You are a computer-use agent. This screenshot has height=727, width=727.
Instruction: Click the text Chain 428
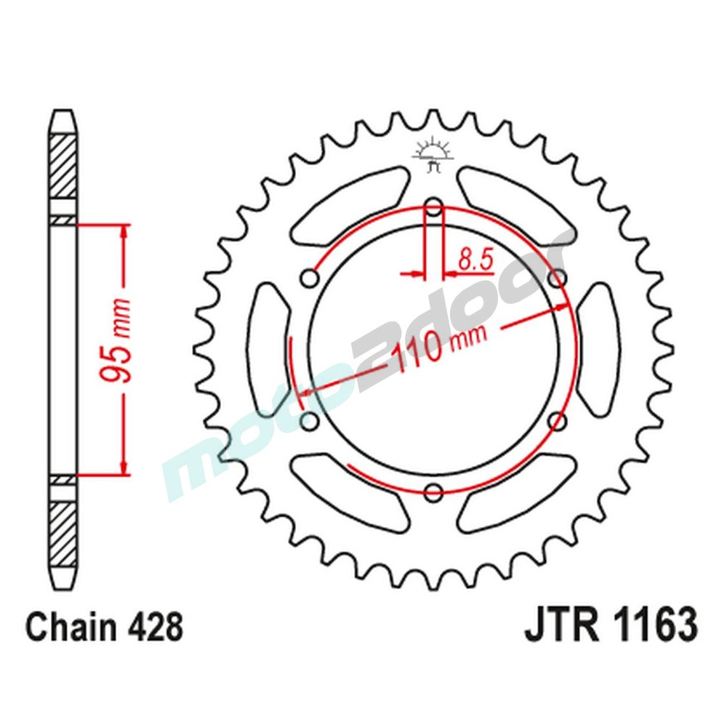coord(104,626)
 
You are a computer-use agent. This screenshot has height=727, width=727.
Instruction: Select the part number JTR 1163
coord(611,626)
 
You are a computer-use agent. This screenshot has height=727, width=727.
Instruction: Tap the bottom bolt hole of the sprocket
coord(434,493)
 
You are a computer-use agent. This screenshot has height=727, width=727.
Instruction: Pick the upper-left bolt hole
coord(310,279)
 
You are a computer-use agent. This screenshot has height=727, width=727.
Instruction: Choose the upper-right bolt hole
coord(558,278)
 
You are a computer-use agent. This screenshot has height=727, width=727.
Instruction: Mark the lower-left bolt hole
coord(310,421)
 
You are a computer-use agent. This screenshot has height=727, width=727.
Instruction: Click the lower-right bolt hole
coord(558,421)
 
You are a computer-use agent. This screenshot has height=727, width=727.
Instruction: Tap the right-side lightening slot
coord(598,350)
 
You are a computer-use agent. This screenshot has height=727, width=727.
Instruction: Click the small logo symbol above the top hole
coord(433,154)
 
